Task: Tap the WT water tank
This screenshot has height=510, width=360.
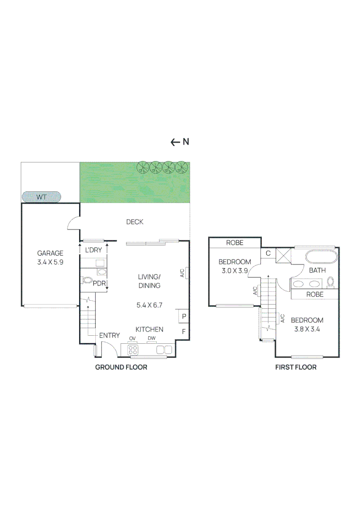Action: point(42,197)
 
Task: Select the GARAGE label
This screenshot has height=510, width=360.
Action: point(50,253)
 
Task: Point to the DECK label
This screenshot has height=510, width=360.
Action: point(134,222)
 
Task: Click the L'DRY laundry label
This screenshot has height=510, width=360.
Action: point(93,249)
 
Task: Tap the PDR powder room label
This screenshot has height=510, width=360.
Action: point(99,283)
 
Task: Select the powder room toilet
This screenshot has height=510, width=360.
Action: point(87,280)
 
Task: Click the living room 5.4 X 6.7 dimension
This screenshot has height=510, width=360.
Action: point(149,305)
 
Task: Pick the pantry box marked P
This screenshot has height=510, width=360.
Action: point(183,316)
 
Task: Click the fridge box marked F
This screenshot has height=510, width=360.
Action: point(183,331)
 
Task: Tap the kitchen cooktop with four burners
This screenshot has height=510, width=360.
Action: point(133,350)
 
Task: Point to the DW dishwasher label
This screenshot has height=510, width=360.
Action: point(151,338)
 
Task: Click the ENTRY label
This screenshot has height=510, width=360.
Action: point(109,335)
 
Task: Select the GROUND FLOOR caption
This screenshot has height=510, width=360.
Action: point(121,367)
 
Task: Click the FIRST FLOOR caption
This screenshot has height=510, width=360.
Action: point(296,367)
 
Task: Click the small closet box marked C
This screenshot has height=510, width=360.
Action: point(268,253)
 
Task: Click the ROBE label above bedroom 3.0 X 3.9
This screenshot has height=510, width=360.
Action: point(234,243)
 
